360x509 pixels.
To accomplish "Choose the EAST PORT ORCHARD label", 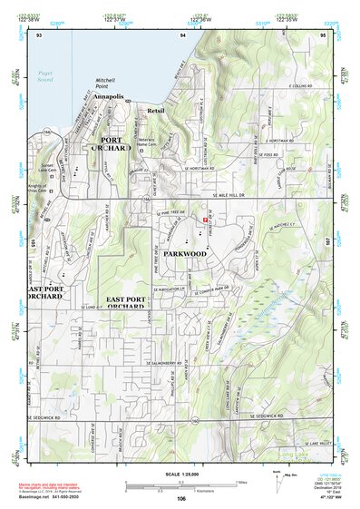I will click(x=132, y=302).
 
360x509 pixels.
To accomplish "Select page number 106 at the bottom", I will click(x=181, y=498).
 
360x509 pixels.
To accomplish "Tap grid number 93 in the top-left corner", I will click(x=39, y=34).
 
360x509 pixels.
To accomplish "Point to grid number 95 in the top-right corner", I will click(x=322, y=34).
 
